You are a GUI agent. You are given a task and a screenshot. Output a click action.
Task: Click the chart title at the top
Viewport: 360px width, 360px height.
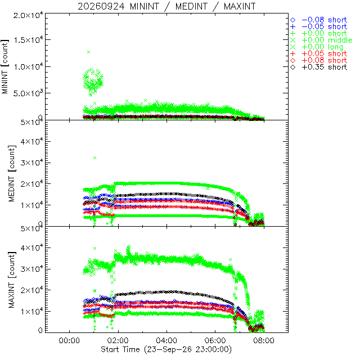click(x=166, y=6)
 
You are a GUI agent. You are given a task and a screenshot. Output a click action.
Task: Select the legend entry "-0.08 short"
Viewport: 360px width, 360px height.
click(x=319, y=20)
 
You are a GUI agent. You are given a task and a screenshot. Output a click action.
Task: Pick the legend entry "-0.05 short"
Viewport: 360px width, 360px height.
click(x=319, y=26)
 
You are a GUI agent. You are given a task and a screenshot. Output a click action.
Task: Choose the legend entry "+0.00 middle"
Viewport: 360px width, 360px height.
click(x=321, y=40)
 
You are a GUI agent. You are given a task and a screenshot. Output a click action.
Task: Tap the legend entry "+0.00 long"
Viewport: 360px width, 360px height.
click(x=317, y=47)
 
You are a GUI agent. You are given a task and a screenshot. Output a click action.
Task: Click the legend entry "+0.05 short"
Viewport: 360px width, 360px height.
click(x=319, y=54)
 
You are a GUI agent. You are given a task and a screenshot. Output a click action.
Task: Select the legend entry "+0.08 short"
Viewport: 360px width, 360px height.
click(x=319, y=60)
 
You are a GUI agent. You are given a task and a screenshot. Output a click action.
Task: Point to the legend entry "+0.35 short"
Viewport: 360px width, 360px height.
click(x=319, y=67)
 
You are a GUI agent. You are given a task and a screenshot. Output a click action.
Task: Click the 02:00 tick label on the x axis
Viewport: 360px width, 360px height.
click(x=118, y=340)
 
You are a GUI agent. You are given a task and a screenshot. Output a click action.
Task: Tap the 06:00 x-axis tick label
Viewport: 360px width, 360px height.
click(x=215, y=340)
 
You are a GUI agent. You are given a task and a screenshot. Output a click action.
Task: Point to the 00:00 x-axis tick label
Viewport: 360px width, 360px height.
click(x=69, y=340)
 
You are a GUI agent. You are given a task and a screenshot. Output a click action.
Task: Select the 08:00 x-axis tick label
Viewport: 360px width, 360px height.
click(x=264, y=340)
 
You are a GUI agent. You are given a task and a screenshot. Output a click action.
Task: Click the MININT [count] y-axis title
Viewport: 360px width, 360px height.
click(x=5, y=66)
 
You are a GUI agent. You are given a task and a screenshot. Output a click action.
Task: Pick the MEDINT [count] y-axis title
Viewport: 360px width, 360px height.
click(x=12, y=173)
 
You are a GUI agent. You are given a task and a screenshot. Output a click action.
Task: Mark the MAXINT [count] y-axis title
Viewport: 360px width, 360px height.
click(x=12, y=280)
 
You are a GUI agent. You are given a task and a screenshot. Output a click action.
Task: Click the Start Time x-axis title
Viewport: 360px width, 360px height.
click(x=166, y=349)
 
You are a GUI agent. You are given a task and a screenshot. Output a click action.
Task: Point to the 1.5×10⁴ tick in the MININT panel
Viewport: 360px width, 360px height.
click(x=28, y=39)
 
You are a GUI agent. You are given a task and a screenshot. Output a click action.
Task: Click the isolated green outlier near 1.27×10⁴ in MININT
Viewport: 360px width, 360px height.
click(x=89, y=52)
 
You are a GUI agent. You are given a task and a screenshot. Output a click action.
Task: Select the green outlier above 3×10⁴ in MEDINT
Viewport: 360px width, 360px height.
click(x=94, y=157)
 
